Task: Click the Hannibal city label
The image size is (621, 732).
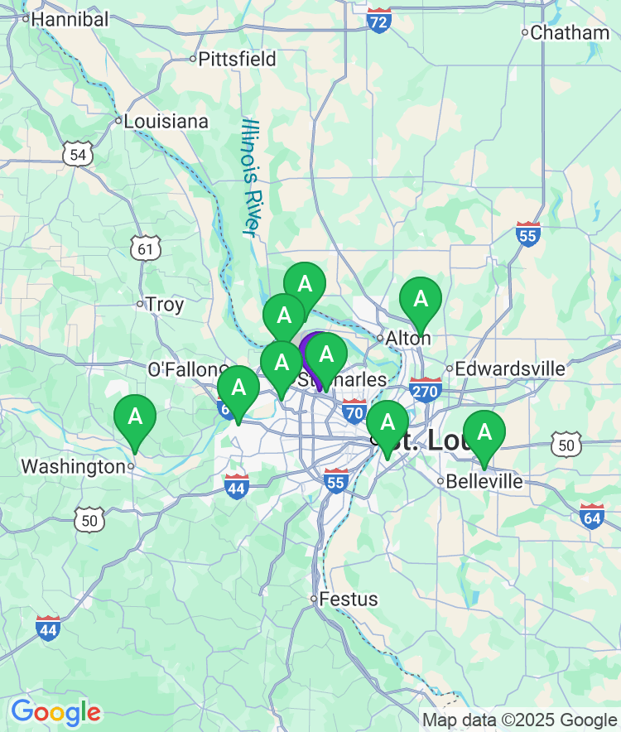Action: (70, 19)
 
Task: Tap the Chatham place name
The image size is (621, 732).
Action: (569, 33)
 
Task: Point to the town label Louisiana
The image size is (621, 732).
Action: (166, 121)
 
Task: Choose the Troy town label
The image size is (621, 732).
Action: (164, 305)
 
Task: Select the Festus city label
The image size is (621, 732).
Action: (349, 599)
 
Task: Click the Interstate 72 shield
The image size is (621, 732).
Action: (378, 22)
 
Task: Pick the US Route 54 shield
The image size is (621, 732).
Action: (78, 154)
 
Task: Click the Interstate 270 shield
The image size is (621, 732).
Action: (425, 390)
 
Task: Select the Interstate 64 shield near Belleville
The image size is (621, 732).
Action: (592, 517)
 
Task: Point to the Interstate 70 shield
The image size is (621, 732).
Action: (354, 410)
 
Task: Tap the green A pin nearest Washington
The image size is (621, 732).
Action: (134, 419)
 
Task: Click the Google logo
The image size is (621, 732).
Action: (55, 711)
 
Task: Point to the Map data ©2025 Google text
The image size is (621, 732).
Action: (519, 720)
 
